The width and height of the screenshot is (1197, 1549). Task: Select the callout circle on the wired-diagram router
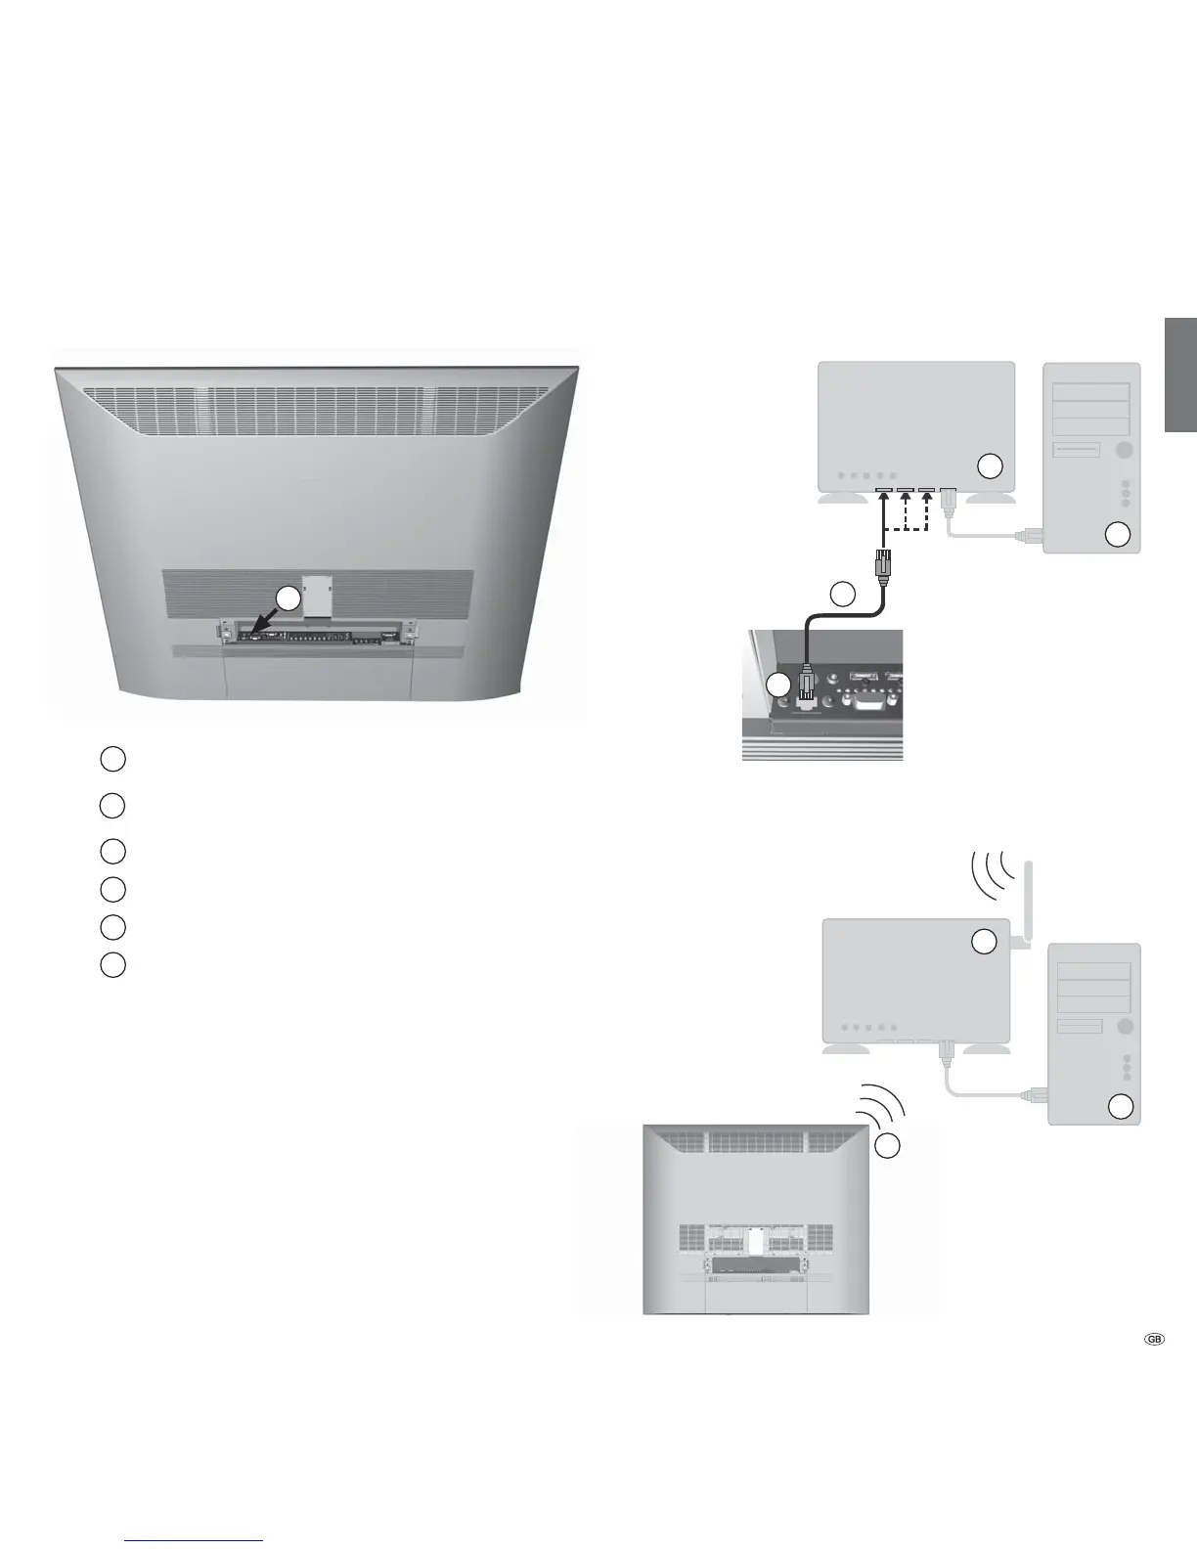tap(991, 465)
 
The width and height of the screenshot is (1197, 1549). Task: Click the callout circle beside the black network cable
tap(843, 593)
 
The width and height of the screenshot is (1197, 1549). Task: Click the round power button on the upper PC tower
tap(1123, 449)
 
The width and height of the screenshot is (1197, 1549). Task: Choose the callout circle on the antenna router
tap(984, 942)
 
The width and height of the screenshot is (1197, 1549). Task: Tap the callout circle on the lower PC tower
tap(1120, 1106)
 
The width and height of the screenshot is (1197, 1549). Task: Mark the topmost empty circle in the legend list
tap(112, 758)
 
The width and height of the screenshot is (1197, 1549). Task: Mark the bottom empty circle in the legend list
tap(112, 964)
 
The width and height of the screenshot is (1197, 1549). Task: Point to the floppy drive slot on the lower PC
tap(1078, 1026)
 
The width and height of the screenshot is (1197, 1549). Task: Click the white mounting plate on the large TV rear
tap(317, 597)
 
